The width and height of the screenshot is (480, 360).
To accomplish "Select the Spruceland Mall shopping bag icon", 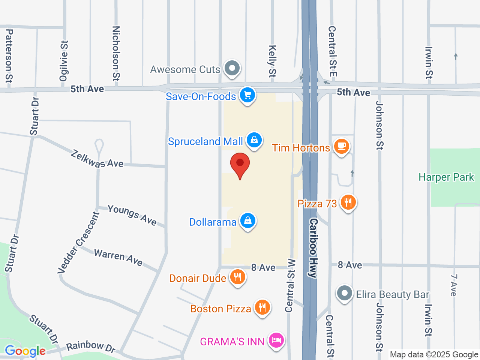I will (254, 141).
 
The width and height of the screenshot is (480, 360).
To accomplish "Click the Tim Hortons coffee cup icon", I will (341, 147).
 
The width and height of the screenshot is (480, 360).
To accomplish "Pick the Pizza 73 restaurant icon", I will (348, 203).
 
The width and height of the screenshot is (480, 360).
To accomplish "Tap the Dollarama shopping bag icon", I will (247, 221).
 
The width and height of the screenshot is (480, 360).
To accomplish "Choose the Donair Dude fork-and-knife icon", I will (237, 277).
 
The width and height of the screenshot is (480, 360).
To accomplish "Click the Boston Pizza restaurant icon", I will (262, 308).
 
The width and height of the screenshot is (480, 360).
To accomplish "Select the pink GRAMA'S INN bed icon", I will (276, 341).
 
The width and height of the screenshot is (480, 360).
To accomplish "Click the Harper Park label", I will (446, 177).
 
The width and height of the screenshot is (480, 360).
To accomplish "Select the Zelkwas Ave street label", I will (97, 159).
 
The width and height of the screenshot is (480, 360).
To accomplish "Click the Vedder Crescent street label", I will (79, 243).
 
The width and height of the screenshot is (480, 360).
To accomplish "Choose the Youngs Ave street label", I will (132, 215).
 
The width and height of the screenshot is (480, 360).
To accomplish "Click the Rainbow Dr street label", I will (91, 347).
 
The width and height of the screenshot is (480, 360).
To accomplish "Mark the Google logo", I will (25, 351).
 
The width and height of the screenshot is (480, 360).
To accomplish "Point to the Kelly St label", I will (272, 61).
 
